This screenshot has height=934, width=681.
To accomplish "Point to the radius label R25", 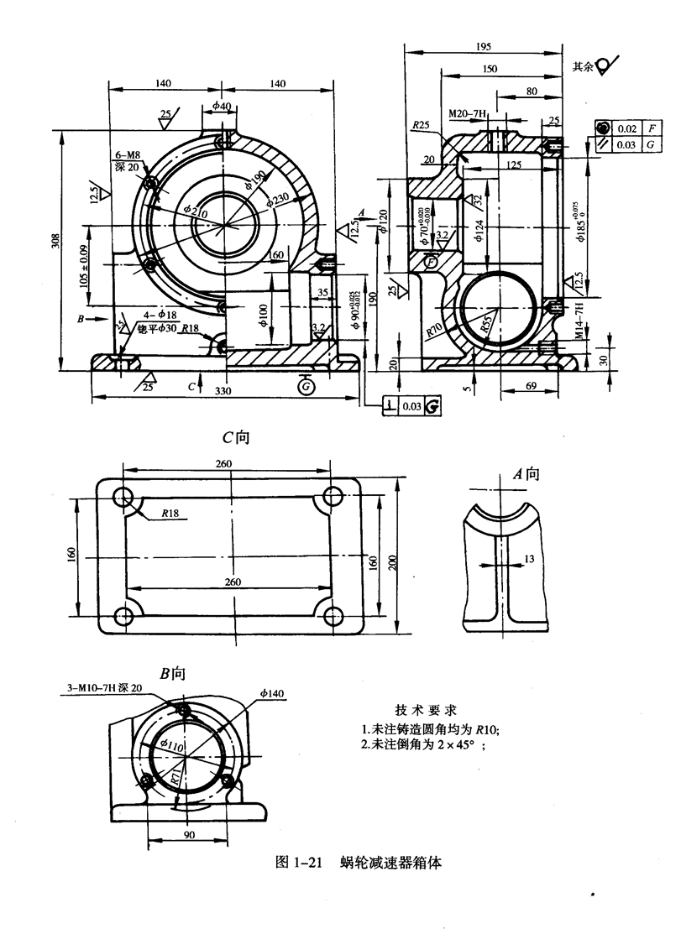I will [421, 125].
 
